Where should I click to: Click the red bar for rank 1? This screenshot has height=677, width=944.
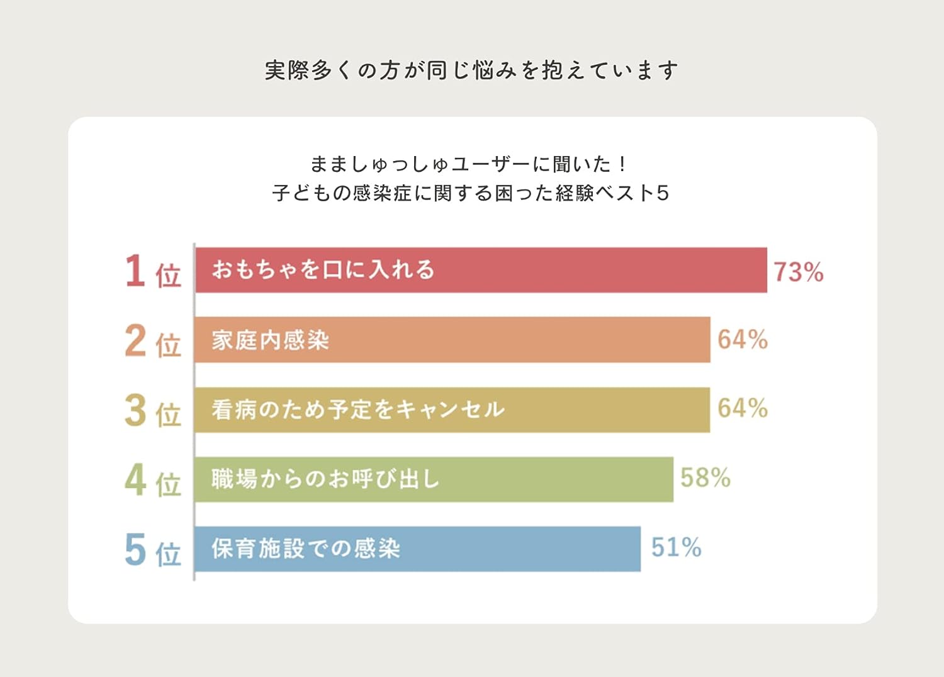[x=566, y=270]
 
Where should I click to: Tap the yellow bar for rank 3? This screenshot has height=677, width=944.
[x=598, y=410]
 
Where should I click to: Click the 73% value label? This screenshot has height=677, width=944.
[x=798, y=272]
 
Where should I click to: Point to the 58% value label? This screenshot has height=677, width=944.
[x=705, y=478]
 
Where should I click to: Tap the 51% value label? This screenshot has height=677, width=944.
[x=676, y=547]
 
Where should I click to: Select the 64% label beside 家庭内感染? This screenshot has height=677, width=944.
[x=743, y=340]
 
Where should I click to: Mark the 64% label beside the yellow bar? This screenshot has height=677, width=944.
[x=743, y=408]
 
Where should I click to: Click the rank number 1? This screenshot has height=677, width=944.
[x=135, y=271]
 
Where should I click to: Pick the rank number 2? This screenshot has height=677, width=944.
[x=135, y=340]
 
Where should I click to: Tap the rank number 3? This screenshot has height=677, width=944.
[x=135, y=410]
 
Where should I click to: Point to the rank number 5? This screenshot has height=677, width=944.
[x=135, y=549]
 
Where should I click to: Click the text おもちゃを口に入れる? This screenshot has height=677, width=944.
[x=323, y=270]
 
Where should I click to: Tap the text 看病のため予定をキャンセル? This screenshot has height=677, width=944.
[x=358, y=410]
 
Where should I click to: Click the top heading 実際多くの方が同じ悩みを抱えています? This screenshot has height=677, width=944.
[x=471, y=70]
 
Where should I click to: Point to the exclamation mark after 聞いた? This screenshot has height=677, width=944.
[x=622, y=164]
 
